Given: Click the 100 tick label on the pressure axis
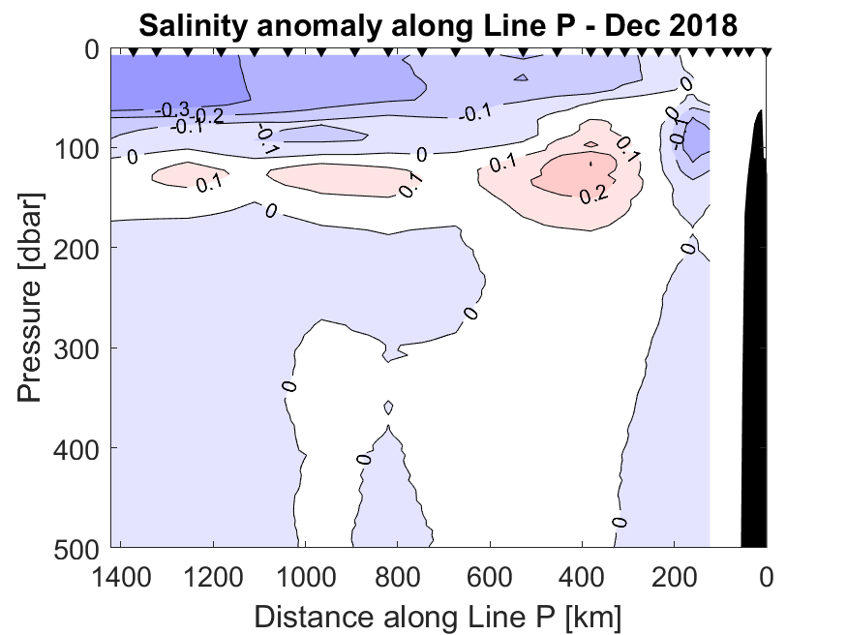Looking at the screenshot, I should [x=75, y=148].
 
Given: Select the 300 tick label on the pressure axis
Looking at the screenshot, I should [x=75, y=348].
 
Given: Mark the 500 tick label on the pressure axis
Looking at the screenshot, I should [x=75, y=548].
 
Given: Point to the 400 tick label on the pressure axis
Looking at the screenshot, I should [x=75, y=447].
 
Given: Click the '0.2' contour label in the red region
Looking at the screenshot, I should [x=592, y=196].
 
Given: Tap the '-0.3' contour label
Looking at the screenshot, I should [x=171, y=109].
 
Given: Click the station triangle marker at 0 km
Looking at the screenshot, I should [x=766, y=51].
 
